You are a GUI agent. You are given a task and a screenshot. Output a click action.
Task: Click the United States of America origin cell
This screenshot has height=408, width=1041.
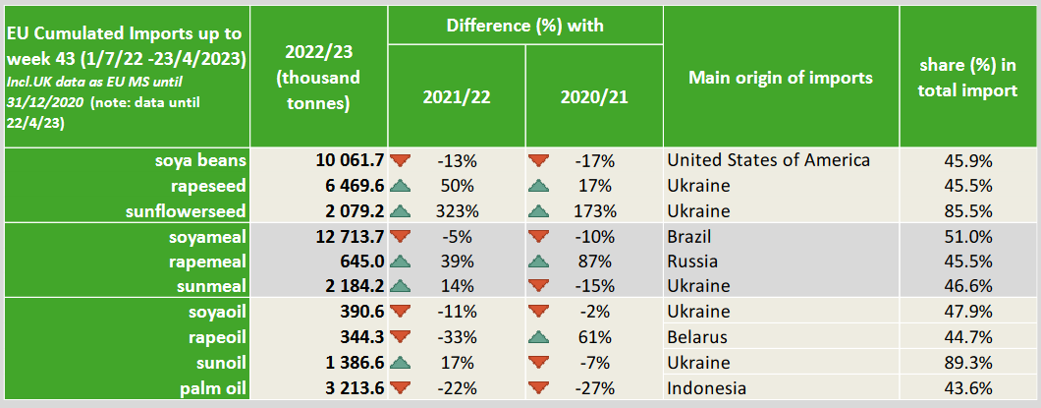pyautogui.click(x=768, y=160)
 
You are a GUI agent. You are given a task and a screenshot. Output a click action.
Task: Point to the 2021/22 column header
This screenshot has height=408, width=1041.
pyautogui.click(x=457, y=97)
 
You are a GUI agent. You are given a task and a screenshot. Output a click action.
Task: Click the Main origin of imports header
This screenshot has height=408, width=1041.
pyautogui.click(x=781, y=77)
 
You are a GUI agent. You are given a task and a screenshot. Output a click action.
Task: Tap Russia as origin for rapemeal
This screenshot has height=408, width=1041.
pyautogui.click(x=691, y=262)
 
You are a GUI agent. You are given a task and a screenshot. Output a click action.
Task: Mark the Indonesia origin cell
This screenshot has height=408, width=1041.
pyautogui.click(x=705, y=388)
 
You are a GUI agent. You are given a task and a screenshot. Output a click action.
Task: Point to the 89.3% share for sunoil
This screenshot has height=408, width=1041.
pyautogui.click(x=968, y=363)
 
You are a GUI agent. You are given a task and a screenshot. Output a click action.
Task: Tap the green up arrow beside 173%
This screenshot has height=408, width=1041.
pyautogui.click(x=538, y=210)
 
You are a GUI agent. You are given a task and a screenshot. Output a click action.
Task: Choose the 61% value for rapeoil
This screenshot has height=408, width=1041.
pyautogui.click(x=593, y=337)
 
